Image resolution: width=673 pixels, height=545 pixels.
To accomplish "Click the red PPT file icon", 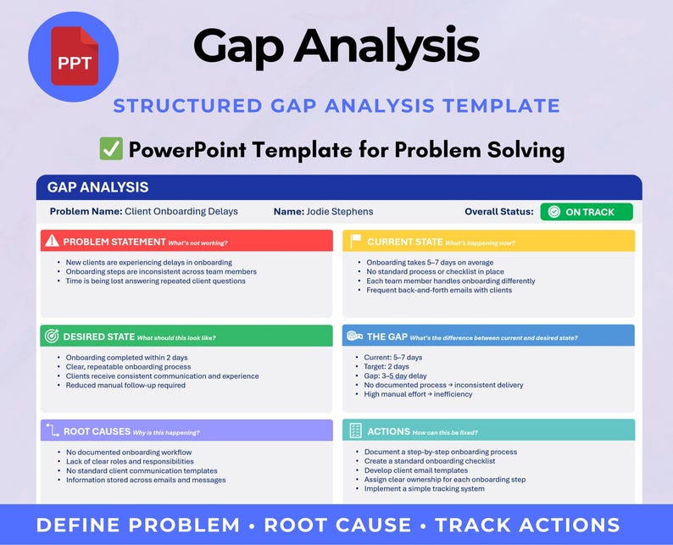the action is (75, 56).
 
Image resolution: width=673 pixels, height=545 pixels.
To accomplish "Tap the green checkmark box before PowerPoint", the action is (111, 149).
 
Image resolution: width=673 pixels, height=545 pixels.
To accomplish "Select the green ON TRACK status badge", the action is (587, 212).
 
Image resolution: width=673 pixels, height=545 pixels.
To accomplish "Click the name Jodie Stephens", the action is (340, 212).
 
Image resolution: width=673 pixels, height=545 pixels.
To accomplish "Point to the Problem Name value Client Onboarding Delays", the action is (181, 212).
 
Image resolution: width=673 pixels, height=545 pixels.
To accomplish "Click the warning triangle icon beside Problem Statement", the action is (52, 241).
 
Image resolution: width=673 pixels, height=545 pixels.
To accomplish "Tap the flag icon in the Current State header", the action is (355, 241).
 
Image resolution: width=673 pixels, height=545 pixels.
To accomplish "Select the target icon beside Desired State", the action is (52, 336).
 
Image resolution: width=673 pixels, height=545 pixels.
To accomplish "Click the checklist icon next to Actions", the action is (355, 431).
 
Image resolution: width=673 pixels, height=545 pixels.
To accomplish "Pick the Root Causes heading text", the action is (97, 431).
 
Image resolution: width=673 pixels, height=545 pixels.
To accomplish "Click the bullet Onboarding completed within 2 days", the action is (126, 358).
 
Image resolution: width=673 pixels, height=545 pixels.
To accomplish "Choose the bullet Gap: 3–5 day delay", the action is (395, 376).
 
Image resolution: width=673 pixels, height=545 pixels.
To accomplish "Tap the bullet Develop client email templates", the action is (416, 470).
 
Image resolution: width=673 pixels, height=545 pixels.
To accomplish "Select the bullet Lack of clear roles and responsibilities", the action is (130, 461).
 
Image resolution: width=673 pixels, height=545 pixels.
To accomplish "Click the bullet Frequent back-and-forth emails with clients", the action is (439, 290).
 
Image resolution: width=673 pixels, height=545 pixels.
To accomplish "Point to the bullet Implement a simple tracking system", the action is (425, 489).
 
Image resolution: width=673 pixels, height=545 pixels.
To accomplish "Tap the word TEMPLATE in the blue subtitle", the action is (501, 106).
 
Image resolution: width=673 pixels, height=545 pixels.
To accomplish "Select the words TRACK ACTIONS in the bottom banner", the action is (527, 526).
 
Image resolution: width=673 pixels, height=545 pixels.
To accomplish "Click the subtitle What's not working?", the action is (197, 243).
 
